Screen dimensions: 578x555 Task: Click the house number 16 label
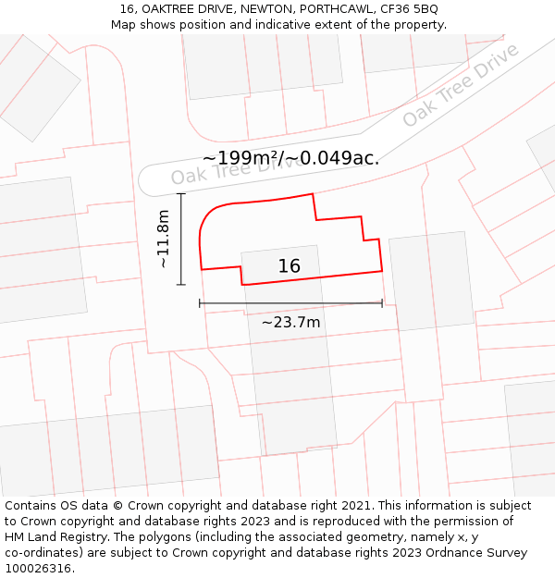coord(290,266)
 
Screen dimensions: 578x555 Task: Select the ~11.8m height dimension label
coord(164,239)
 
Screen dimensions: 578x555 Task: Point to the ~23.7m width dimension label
coord(290,322)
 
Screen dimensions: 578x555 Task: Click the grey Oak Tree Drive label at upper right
coord(461,85)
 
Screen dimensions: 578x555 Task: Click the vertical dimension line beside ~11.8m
coord(181,239)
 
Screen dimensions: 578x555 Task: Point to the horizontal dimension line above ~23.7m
coord(290,302)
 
